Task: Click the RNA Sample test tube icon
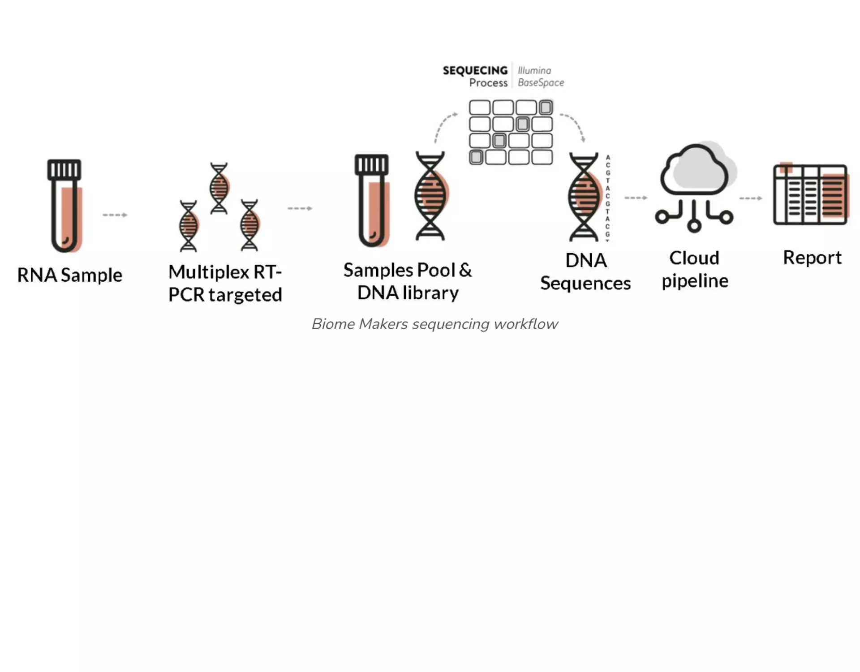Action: click(x=64, y=206)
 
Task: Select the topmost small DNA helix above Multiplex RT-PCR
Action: click(x=219, y=188)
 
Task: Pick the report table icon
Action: click(x=810, y=194)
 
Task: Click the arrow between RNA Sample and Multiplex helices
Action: click(x=115, y=215)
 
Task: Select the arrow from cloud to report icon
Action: click(x=751, y=198)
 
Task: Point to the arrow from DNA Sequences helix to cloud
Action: click(x=636, y=198)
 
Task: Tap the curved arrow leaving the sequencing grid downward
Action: click(x=575, y=125)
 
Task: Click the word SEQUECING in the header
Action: click(x=475, y=70)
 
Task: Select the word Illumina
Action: click(x=534, y=70)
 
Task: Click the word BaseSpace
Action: click(x=541, y=83)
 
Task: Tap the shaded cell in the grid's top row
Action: click(x=546, y=108)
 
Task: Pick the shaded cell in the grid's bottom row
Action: click(x=476, y=157)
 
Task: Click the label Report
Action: click(x=812, y=258)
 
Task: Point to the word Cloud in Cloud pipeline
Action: click(x=694, y=258)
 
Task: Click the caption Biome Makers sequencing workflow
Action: click(x=434, y=324)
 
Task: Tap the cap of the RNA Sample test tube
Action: click(x=64, y=169)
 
